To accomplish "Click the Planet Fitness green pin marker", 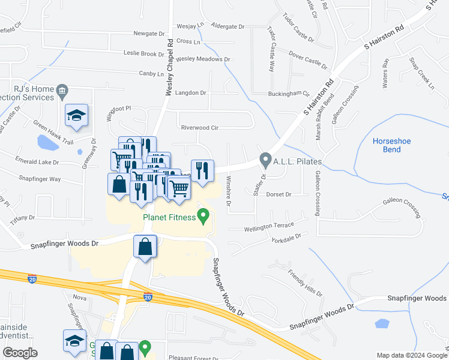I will tap(203, 216).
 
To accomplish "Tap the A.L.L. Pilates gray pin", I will tap(265, 161).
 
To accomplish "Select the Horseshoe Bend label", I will tap(391, 145).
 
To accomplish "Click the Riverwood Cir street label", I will tap(199, 128).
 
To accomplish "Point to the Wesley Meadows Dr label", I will tap(203, 59).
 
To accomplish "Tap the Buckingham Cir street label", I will tap(289, 94).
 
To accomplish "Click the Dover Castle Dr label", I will tap(307, 60).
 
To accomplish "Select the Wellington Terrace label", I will tap(269, 227).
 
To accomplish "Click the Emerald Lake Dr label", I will tap(37, 162).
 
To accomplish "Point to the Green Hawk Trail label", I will tap(53, 133).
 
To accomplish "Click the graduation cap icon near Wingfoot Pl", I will tap(77, 115).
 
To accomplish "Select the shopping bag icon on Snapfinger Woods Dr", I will tap(146, 247).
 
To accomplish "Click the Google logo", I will tap(20, 353).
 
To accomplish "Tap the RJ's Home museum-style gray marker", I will tap(62, 92).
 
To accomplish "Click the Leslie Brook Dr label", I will tap(143, 54).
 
